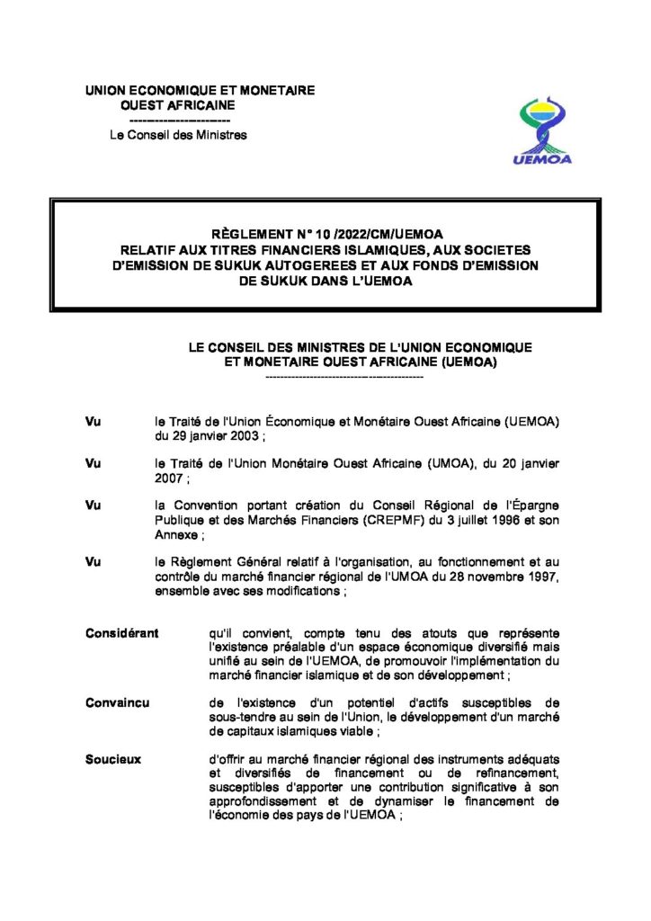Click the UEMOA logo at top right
pyautogui.click(x=547, y=131)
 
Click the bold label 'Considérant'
pyautogui.click(x=121, y=632)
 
